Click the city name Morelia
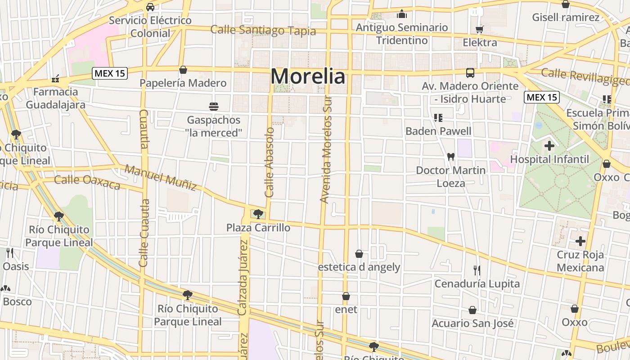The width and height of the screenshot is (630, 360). coord(308,76)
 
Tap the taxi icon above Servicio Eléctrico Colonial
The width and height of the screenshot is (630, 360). coord(150,7)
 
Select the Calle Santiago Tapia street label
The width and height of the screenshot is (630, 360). coord(263,31)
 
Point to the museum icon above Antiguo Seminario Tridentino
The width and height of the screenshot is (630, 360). coord(402,14)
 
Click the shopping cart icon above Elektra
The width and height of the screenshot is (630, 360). coord(480,30)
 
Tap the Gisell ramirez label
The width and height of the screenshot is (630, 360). coord(566,18)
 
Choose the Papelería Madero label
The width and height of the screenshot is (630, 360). coord(183,83)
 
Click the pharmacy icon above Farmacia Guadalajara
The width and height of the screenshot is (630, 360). coord(55,79)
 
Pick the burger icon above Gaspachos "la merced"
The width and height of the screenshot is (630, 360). coord(214,107)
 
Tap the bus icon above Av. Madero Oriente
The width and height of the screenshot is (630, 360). coord(470,72)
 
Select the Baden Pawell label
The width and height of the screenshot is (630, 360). coord(438,131)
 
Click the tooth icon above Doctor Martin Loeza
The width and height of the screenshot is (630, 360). coord(450,157)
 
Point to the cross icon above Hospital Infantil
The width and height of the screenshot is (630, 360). coord(549,146)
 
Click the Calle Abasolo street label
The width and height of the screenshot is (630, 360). coord(270,162)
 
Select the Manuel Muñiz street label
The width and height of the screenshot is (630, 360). coord(161,177)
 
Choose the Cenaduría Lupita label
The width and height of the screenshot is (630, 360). coord(477,283)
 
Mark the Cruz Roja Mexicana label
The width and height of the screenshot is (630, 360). coord(580,261)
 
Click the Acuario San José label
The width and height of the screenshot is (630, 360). coord(472,323)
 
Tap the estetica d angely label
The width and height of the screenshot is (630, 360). coord(359,267)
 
